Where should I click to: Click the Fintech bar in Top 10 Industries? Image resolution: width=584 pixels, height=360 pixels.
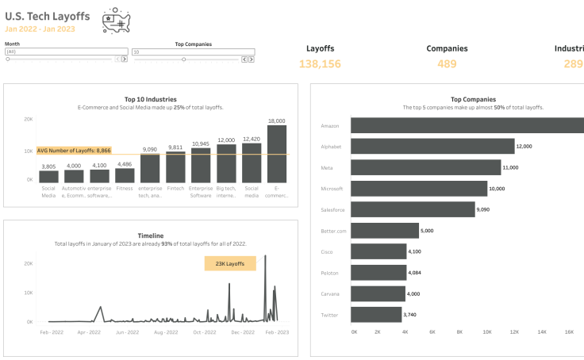tap(175, 167)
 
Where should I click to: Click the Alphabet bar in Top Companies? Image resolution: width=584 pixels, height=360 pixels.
tap(432, 146)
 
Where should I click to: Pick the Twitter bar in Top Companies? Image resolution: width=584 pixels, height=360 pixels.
tap(376, 315)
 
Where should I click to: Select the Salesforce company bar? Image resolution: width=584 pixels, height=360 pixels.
tap(413, 209)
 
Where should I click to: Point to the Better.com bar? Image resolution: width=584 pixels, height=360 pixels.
tap(385, 231)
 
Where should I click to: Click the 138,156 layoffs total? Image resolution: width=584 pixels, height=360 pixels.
tap(320, 63)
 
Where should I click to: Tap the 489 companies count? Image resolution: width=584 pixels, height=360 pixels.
tap(447, 63)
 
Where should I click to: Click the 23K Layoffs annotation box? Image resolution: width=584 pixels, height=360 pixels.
tap(230, 263)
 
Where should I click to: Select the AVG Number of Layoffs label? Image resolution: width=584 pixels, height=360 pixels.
tap(74, 150)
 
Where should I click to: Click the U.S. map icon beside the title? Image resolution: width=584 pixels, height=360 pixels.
tap(117, 22)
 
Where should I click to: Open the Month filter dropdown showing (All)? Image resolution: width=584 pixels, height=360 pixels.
tap(66, 52)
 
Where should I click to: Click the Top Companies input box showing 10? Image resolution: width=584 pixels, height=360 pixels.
tap(193, 52)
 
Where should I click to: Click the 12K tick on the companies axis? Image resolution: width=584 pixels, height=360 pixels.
tap(514, 332)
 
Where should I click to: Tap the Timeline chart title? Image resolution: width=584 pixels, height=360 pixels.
tap(151, 236)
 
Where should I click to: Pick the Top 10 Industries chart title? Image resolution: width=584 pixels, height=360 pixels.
tap(151, 99)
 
